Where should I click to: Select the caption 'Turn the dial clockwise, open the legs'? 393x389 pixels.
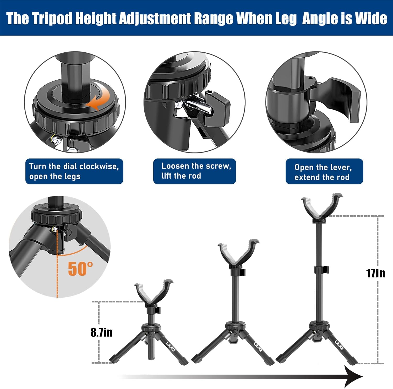point(74,171)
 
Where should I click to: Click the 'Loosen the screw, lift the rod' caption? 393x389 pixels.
point(194,171)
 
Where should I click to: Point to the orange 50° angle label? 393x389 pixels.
point(80,269)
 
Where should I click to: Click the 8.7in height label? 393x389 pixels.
point(102,332)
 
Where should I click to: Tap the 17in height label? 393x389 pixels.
point(375,273)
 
